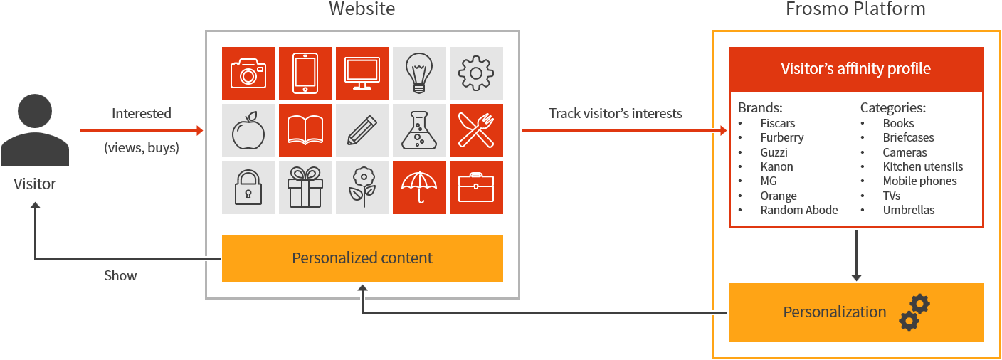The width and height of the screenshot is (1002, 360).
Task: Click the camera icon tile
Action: pos(248,73)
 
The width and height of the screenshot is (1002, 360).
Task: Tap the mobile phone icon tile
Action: pos(305,73)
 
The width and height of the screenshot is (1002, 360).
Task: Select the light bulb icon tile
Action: pos(419,73)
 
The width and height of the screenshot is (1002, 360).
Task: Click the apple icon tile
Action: pos(248,130)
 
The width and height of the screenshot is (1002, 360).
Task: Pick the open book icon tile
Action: pos(305,130)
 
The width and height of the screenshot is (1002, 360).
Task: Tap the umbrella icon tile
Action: pos(419,187)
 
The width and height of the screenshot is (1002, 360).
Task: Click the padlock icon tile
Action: pos(248,187)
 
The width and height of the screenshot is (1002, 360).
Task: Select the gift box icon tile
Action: pos(305,187)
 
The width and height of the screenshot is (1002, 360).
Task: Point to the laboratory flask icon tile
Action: pos(419,130)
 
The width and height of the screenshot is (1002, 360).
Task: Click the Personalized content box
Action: pos(362,258)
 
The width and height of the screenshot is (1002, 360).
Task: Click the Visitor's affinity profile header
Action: pos(855,69)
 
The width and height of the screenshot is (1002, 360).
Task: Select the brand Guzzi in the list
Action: pos(774,152)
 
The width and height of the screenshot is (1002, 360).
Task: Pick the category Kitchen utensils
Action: pos(922,166)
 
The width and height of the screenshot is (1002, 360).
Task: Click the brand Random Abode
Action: pos(798,210)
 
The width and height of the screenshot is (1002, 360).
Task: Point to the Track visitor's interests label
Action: pos(615,113)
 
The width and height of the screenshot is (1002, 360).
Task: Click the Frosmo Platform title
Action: pos(855,9)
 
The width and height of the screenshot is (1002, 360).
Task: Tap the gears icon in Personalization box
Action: pos(914,312)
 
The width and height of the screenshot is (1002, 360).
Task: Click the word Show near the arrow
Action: pos(120,275)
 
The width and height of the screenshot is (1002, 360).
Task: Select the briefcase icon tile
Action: pos(476,187)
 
